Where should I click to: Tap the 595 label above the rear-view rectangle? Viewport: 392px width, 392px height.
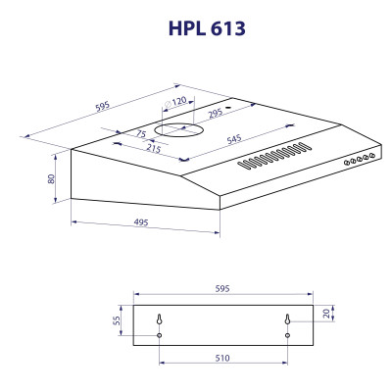(221, 289)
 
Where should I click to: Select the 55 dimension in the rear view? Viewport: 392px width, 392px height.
(117, 322)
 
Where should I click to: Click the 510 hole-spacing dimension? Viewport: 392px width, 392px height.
(221, 359)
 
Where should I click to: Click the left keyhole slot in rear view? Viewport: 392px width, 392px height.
(159, 318)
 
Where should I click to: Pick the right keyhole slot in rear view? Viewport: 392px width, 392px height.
(287, 318)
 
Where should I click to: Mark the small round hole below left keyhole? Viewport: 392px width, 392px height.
(159, 335)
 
